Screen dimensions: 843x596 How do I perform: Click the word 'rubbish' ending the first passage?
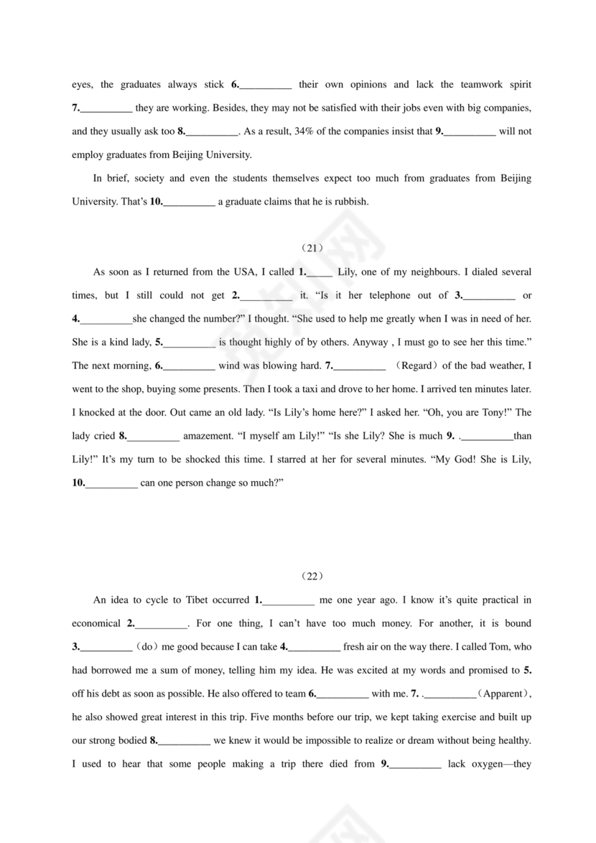(x=353, y=202)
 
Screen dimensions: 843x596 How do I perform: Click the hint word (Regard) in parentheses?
(x=416, y=365)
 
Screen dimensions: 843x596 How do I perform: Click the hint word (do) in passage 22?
(x=146, y=646)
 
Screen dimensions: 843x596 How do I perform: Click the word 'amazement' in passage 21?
(x=206, y=436)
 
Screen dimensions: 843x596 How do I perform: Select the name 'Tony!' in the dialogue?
(x=518, y=412)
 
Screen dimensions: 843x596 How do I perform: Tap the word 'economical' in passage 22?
(x=96, y=623)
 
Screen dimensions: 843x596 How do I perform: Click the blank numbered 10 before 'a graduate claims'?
(x=190, y=202)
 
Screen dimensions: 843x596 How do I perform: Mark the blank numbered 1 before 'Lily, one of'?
(x=320, y=272)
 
